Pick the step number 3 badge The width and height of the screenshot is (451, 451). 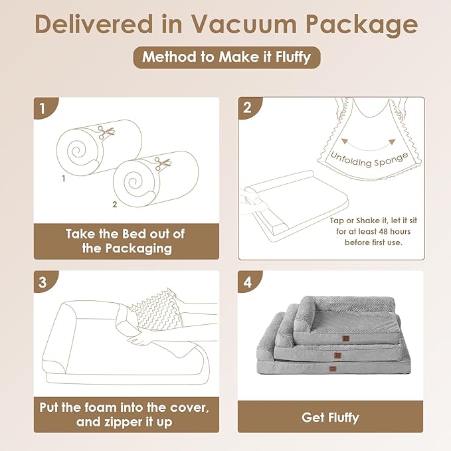tap(43, 282)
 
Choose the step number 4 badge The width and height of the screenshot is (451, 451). tap(247, 282)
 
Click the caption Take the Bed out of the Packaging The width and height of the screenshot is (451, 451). tap(127, 240)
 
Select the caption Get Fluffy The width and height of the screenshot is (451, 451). tap(330, 417)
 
